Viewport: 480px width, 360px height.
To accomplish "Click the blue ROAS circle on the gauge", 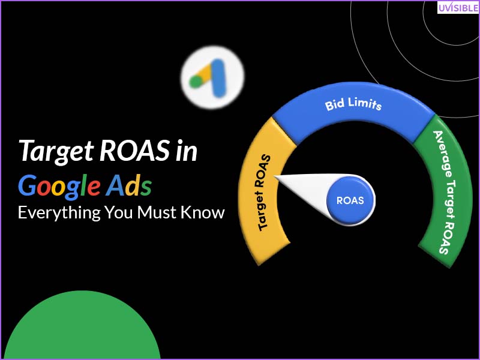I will click(350, 200).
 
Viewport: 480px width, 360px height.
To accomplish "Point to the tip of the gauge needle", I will click(275, 176).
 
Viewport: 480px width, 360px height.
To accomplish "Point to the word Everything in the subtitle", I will click(58, 212).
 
